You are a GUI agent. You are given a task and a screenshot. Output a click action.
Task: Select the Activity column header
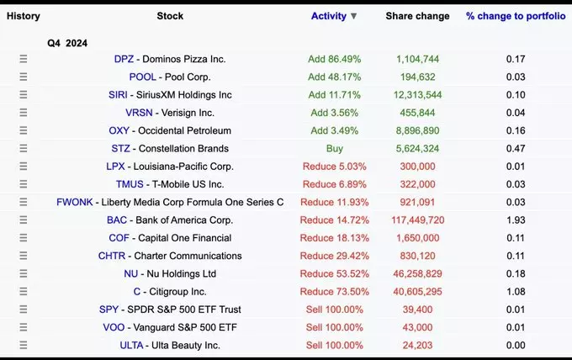pyautogui.click(x=334, y=16)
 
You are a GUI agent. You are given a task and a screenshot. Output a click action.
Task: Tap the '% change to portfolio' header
pyautogui.click(x=516, y=16)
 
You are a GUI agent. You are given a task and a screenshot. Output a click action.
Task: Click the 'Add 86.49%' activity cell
pyautogui.click(x=335, y=59)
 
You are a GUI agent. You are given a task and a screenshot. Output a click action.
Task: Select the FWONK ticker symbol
pyautogui.click(x=75, y=202)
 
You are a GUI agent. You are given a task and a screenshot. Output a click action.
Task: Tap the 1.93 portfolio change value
pyautogui.click(x=516, y=220)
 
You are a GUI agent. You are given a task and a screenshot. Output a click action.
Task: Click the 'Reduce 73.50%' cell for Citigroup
pyautogui.click(x=334, y=292)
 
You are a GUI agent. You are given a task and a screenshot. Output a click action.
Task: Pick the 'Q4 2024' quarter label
pyautogui.click(x=67, y=43)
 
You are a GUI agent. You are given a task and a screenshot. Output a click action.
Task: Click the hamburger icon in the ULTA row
pyautogui.click(x=24, y=346)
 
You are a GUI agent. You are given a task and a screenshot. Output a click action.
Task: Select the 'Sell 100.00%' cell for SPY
pyautogui.click(x=334, y=310)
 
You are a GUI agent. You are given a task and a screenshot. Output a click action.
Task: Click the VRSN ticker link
pyautogui.click(x=139, y=113)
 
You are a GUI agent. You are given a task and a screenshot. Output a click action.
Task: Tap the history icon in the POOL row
pyautogui.click(x=24, y=77)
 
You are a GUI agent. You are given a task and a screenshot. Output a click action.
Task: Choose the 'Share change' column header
pyautogui.click(x=417, y=16)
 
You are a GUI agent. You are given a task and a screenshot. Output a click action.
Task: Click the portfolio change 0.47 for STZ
pyautogui.click(x=516, y=148)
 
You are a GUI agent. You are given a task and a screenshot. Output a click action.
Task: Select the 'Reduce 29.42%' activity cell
pyautogui.click(x=334, y=256)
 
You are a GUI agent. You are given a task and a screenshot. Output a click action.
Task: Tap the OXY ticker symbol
pyautogui.click(x=119, y=130)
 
